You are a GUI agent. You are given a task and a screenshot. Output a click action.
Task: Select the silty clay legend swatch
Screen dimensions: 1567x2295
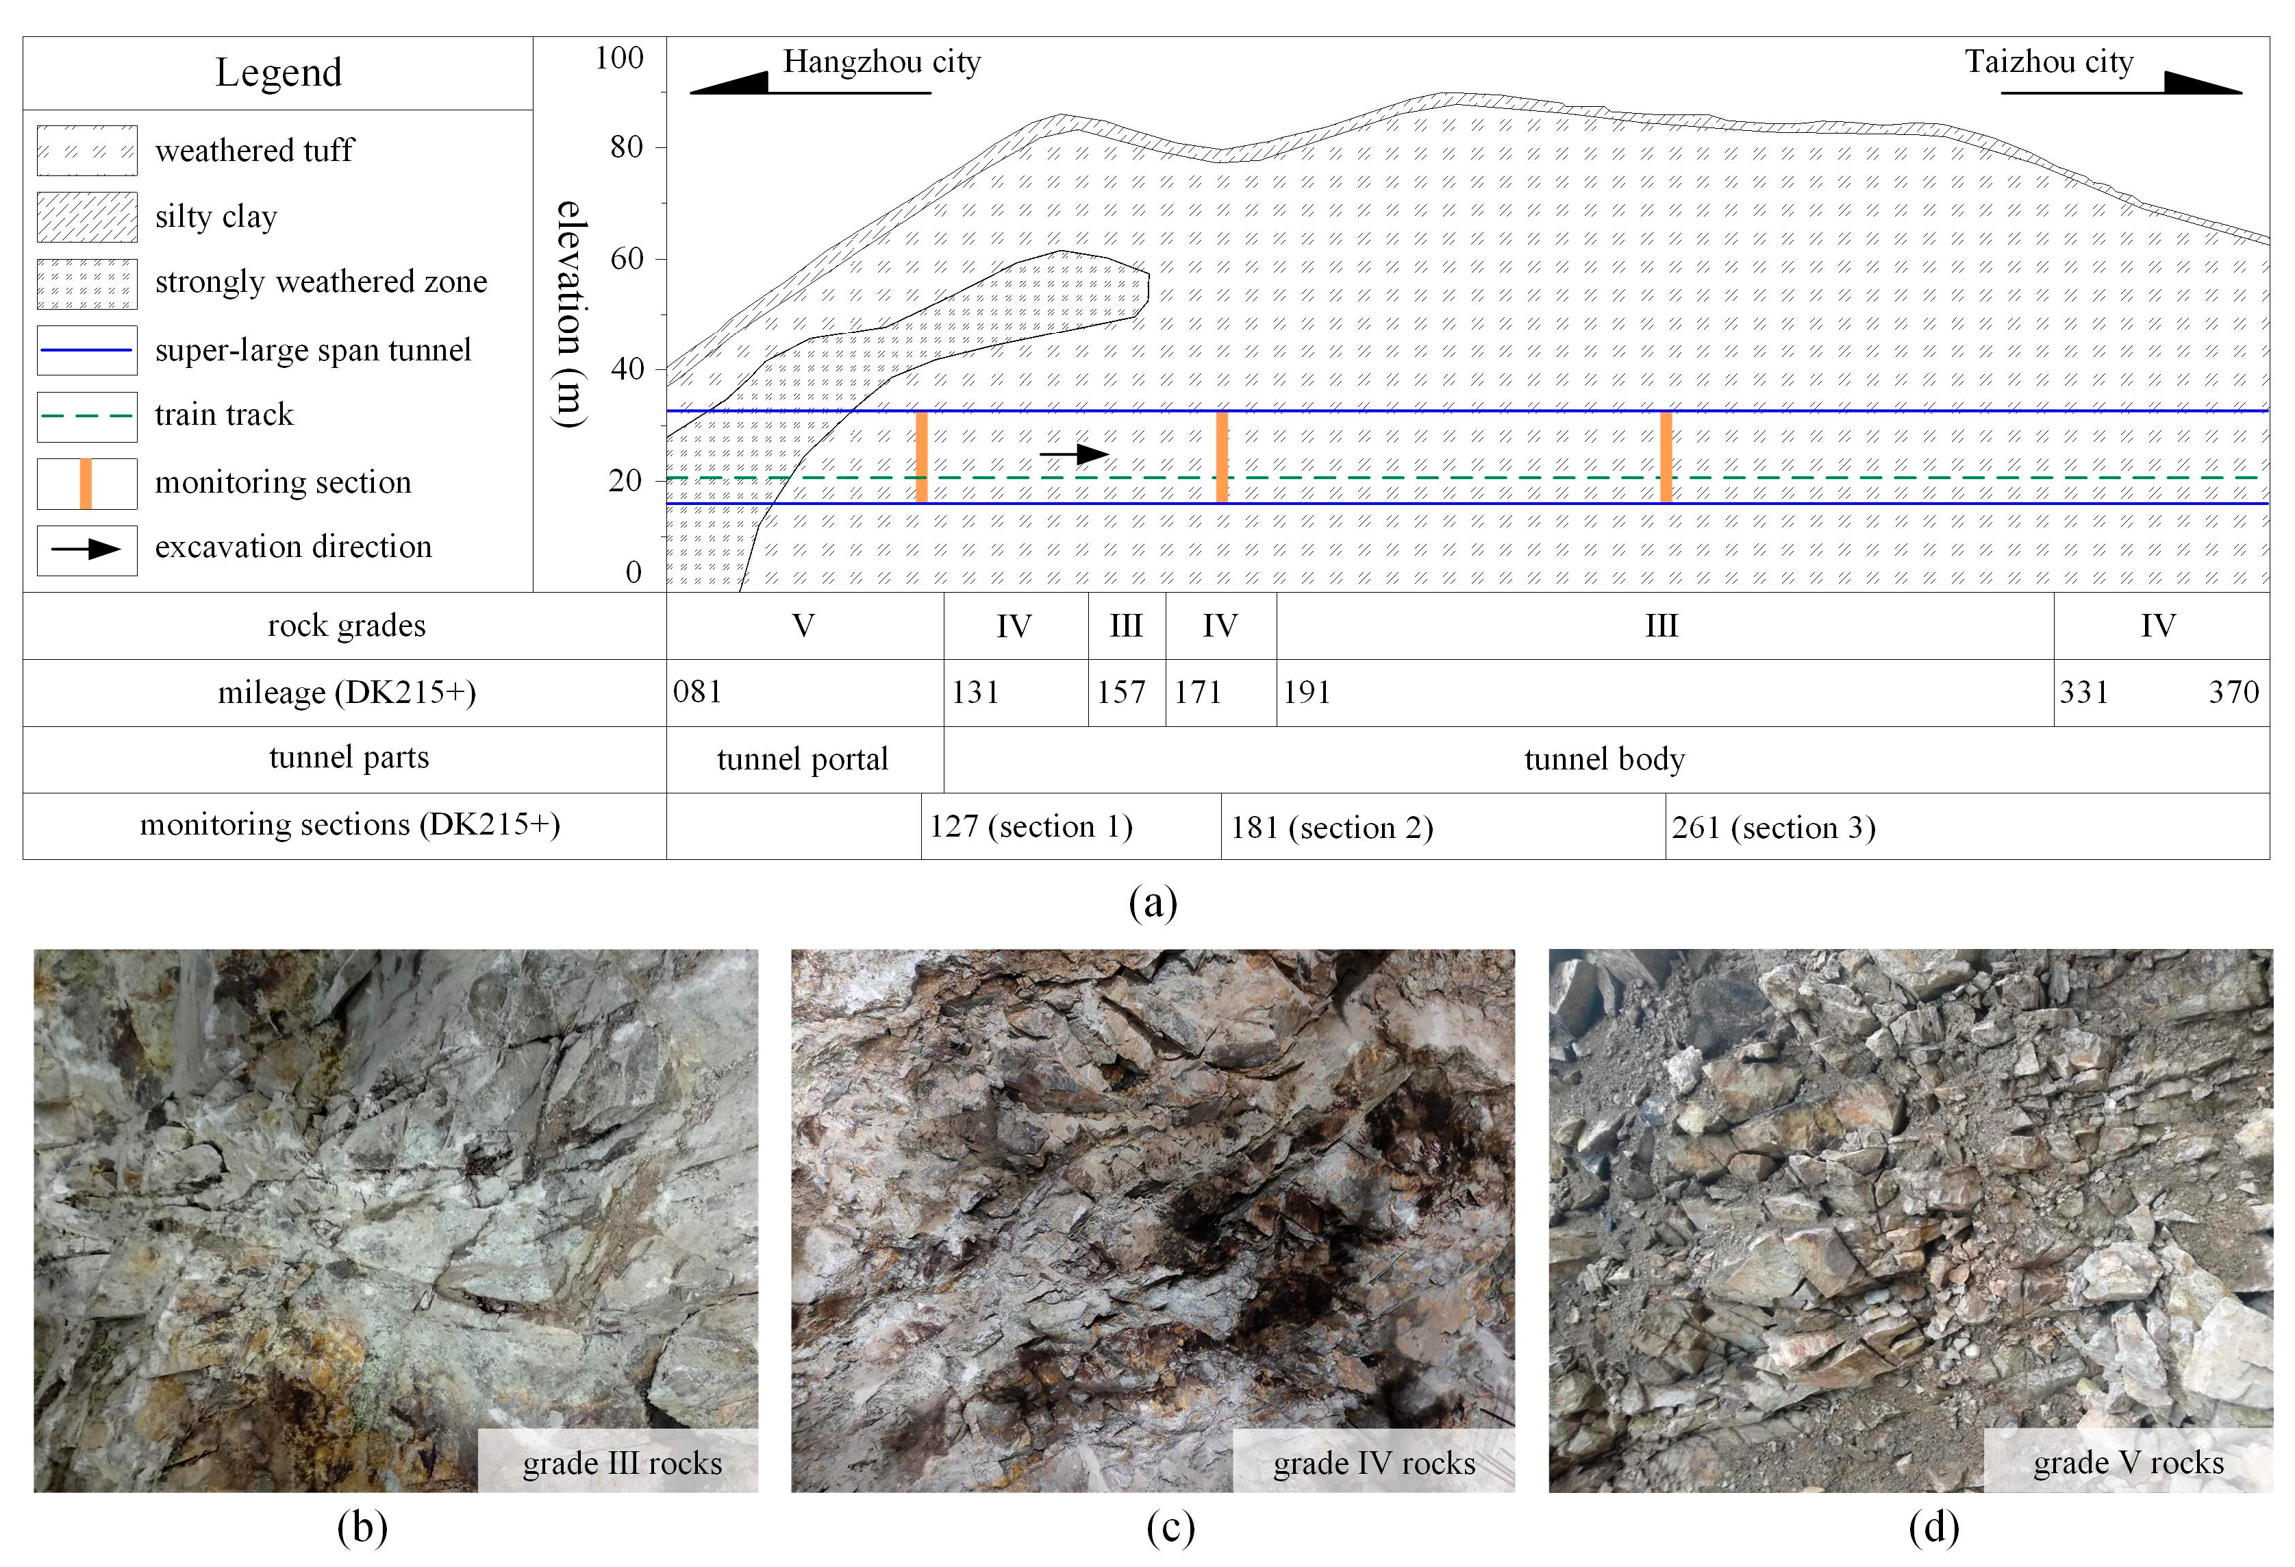[x=87, y=217]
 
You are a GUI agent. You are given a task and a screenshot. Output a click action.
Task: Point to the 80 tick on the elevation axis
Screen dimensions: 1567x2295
[x=626, y=148]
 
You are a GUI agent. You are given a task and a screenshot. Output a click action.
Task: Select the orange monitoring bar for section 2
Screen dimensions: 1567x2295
[x=1222, y=456]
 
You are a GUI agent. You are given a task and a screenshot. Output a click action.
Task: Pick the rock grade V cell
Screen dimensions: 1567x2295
[x=804, y=626]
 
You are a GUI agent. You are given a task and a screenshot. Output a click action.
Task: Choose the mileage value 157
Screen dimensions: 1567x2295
[x=1121, y=693]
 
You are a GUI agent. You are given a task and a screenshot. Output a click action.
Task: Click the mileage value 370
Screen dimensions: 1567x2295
[x=2233, y=693]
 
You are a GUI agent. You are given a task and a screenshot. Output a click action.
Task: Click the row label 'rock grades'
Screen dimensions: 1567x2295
[x=347, y=626]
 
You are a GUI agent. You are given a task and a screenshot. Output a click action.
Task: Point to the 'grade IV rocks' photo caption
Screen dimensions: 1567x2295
[x=1374, y=1464]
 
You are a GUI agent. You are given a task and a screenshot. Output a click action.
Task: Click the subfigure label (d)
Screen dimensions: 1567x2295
[x=1933, y=1529]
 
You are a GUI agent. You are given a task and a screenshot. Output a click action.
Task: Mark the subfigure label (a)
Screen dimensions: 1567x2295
[x=1153, y=902]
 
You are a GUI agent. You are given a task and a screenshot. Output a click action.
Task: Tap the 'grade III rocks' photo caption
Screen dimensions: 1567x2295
[x=622, y=1464]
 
